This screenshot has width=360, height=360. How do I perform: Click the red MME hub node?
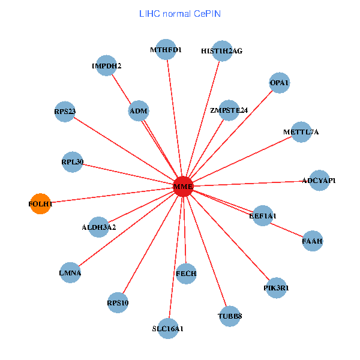183,187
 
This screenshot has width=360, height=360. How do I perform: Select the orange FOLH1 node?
40,204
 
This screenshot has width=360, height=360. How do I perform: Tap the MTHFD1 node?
166,50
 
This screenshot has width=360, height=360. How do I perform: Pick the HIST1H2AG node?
221,51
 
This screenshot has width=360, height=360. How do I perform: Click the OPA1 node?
280,83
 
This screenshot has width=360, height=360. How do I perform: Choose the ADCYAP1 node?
319,181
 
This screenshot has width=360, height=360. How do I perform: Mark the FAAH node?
313,241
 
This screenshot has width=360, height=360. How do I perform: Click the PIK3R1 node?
276,288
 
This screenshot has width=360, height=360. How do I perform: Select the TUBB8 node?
230,316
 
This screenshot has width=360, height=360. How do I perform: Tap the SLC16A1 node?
168,328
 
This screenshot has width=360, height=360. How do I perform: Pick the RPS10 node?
118,302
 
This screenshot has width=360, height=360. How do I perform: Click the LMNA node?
70,272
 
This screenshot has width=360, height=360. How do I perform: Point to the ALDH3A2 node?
99,227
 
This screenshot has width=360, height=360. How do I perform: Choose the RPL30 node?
72,162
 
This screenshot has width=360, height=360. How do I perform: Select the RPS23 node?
65,111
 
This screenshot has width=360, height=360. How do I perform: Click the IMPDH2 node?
107,66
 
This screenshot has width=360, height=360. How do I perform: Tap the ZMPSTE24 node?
229,110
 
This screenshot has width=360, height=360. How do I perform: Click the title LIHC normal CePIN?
179,13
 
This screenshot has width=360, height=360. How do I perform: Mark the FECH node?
186,274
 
